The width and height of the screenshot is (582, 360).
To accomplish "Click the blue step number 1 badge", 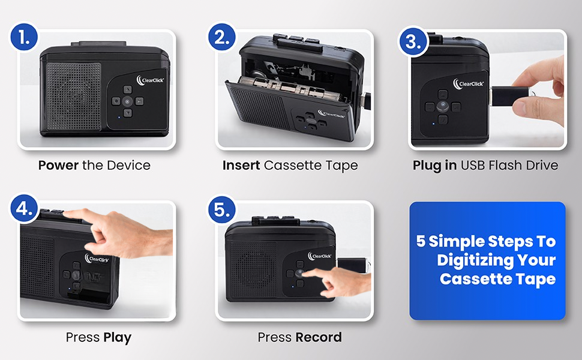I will tap(23, 40).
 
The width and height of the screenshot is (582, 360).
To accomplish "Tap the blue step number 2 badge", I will tap(222, 40).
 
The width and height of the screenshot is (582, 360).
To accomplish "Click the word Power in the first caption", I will tap(58, 165).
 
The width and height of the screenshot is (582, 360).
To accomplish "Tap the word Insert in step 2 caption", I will tap(241, 165).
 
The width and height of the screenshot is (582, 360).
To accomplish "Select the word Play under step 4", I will tap(117, 337).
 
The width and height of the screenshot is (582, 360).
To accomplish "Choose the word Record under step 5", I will tap(319, 337).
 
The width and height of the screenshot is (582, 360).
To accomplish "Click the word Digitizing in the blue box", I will tap(496, 260).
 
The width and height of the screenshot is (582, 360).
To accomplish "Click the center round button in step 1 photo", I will tap(127, 101).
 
